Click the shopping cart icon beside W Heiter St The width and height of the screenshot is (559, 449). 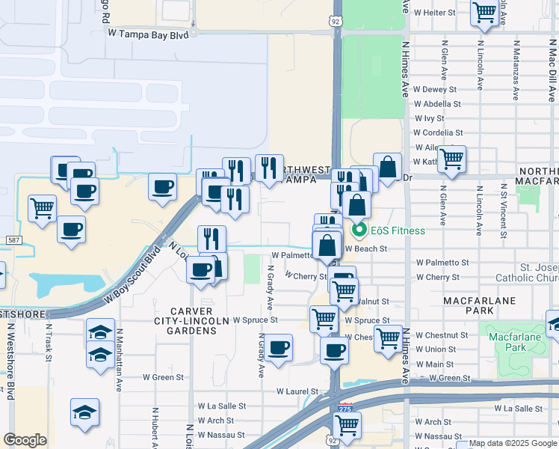pyautogui.click(x=484, y=13)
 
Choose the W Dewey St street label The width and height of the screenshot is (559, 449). pyautogui.click(x=434, y=90)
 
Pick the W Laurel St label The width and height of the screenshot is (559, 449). pyautogui.click(x=297, y=391)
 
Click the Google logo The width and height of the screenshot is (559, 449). pyautogui.click(x=25, y=440)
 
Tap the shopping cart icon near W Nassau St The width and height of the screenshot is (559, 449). pyautogui.click(x=347, y=425)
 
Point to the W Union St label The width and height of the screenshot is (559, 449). pyautogui.click(x=436, y=349)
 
